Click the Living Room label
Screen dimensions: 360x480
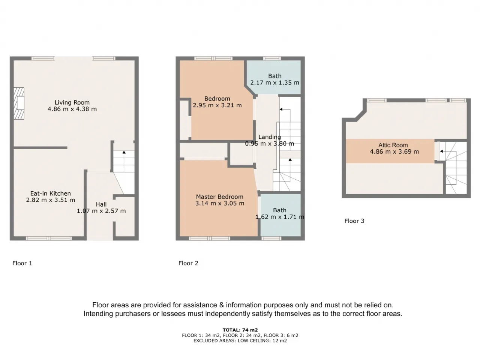(72, 102)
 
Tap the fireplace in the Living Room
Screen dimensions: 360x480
(19, 103)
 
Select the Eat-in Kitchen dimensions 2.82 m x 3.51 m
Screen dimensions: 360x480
(51, 200)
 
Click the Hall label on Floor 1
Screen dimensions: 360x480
(101, 204)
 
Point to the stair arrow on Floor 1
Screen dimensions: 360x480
(124, 153)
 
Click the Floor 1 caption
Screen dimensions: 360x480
(22, 263)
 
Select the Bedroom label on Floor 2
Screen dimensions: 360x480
(217, 99)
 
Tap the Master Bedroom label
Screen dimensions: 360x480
(219, 197)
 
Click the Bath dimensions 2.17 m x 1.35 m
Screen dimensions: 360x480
(274, 83)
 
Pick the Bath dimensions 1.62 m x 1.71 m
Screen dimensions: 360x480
(280, 217)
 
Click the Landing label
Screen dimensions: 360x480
(269, 137)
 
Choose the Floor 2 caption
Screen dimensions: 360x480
(188, 263)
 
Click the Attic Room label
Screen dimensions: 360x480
(393, 145)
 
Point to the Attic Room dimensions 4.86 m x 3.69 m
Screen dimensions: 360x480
(394, 152)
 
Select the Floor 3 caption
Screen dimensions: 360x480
(354, 221)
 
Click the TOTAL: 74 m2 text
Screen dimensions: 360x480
(240, 330)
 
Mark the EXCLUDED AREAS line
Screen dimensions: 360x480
(240, 341)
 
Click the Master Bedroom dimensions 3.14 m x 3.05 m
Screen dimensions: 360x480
(219, 204)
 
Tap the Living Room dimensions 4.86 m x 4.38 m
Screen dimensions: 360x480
(72, 109)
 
